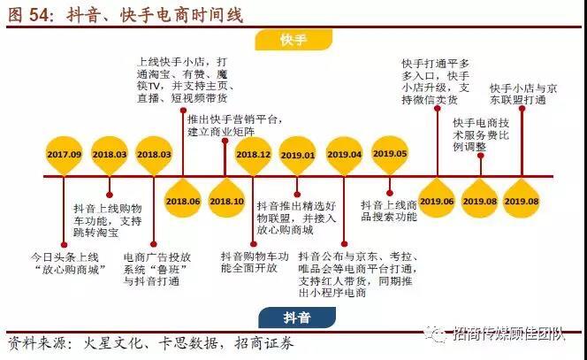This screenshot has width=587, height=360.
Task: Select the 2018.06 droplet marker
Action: click(x=183, y=200)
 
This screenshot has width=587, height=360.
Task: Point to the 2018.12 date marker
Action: click(x=254, y=155)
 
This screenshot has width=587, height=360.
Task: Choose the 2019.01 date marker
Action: click(x=298, y=155)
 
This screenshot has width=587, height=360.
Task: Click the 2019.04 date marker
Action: click(x=345, y=155)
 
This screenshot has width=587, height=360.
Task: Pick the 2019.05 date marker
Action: click(x=390, y=153)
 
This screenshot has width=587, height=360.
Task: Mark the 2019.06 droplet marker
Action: click(x=437, y=200)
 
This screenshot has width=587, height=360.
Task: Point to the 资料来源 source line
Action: click(x=150, y=343)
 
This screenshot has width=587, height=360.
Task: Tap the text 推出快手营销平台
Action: click(x=233, y=125)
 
